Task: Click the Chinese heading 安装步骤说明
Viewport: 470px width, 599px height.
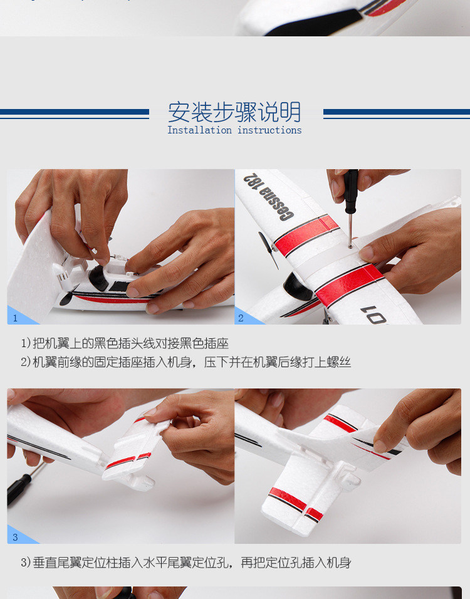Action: pyautogui.click(x=234, y=112)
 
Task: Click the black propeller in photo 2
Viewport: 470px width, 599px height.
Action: pyautogui.click(x=268, y=249)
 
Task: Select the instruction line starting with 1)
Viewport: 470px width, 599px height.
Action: pyautogui.click(x=125, y=343)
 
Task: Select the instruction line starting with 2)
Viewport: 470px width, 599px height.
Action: pyautogui.click(x=185, y=362)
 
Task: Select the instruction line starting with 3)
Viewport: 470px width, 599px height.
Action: pyautogui.click(x=185, y=563)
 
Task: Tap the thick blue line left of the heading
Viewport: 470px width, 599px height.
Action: pyautogui.click(x=75, y=112)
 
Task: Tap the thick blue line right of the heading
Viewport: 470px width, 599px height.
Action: pyautogui.click(x=396, y=112)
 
